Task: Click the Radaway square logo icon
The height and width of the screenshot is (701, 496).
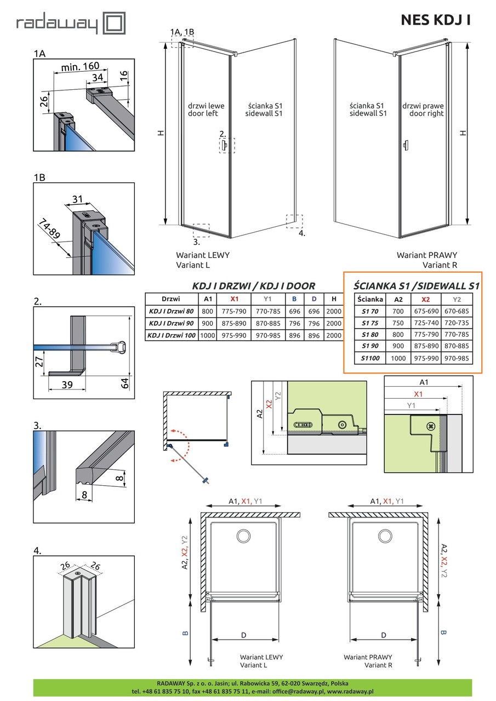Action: (115, 23)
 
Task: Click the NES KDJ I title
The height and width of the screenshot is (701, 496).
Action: (436, 20)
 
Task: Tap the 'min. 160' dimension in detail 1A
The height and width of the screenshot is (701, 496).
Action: (80, 67)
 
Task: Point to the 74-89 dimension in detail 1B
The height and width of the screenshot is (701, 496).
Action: (49, 229)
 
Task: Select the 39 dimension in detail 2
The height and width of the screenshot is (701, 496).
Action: (67, 384)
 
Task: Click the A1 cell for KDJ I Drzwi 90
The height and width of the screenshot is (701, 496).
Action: (207, 323)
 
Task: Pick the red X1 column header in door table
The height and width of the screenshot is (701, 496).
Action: (234, 299)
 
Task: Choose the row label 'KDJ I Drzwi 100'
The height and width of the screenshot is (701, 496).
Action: (172, 336)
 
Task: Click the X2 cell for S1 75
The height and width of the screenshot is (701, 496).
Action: (426, 323)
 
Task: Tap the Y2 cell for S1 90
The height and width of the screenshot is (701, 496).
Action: (457, 346)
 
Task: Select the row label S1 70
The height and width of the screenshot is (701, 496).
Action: (370, 311)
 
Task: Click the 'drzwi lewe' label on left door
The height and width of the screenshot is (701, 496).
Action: (206, 106)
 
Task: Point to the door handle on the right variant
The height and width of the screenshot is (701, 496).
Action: (406, 145)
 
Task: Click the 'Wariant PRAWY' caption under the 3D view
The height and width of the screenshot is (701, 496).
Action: (427, 255)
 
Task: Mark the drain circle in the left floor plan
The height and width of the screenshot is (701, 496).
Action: (244, 536)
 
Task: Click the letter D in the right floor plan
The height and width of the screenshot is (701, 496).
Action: (384, 635)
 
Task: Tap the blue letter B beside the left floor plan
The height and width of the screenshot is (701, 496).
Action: (185, 633)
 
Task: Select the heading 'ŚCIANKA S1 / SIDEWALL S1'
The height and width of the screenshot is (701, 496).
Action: (417, 286)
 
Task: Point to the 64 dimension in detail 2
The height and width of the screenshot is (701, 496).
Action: (125, 383)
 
